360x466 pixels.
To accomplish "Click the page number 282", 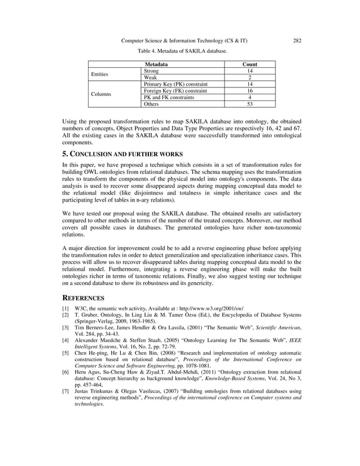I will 297,41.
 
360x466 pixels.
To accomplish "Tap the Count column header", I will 249,65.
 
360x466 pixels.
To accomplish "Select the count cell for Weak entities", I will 249,78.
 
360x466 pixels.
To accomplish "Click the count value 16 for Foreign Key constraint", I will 249,91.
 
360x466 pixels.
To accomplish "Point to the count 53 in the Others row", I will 249,104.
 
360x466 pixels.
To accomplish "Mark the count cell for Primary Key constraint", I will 249,85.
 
